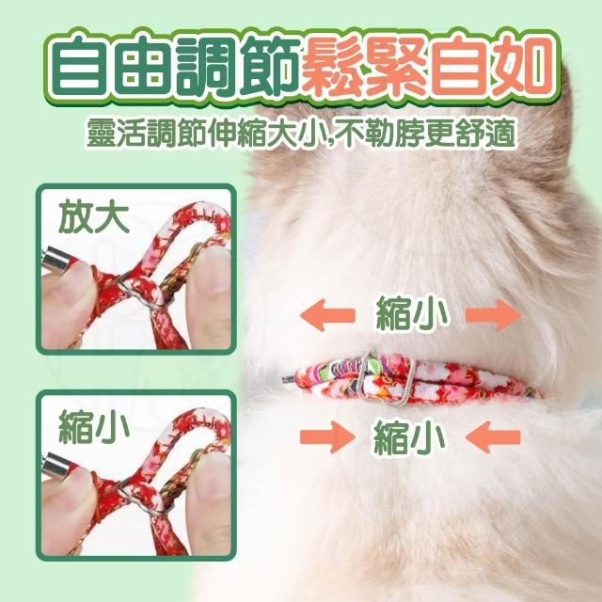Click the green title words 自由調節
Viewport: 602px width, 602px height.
[x=175, y=66]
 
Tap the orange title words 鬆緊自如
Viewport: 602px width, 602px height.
[x=425, y=66]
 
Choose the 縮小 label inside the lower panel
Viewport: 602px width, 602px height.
[x=93, y=426]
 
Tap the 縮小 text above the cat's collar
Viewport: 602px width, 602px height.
[x=411, y=316]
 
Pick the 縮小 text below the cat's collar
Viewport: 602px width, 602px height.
[x=410, y=437]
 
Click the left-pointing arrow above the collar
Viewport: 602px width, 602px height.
[x=327, y=316]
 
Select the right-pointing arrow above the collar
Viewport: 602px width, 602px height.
[x=493, y=316]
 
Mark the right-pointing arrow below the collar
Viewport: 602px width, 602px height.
[x=327, y=436]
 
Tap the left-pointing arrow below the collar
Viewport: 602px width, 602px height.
[x=493, y=436]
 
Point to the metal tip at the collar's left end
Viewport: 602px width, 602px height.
[x=289, y=379]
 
